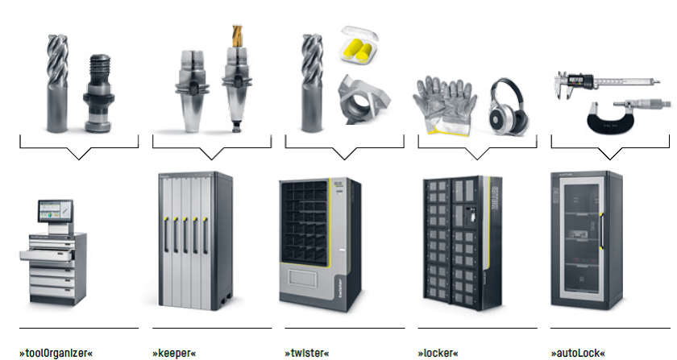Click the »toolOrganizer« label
(56, 353)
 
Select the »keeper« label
(174, 353)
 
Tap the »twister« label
(307, 353)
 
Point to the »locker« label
(438, 353)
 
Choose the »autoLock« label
(578, 353)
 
